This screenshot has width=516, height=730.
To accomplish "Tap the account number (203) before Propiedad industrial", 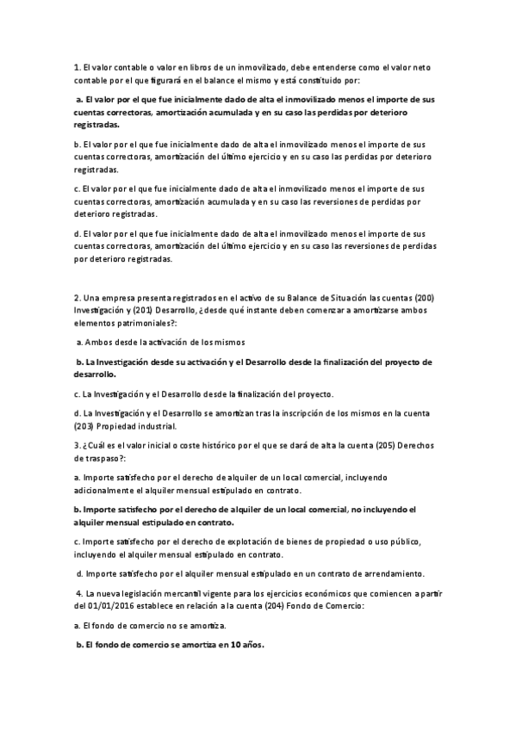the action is point(84,425).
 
